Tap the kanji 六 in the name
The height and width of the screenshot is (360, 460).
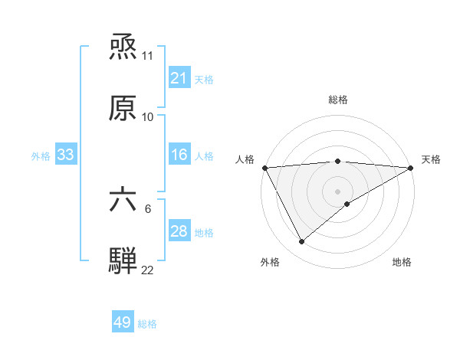123,201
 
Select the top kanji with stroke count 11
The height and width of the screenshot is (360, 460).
123,48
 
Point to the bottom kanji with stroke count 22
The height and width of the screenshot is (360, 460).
123,260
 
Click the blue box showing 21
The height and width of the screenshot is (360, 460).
179,78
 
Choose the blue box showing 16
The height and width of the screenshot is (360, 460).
179,155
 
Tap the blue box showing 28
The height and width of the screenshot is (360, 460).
179,231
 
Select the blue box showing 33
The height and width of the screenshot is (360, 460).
65,155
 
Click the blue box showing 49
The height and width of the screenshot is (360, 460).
123,322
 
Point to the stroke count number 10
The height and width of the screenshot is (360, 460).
148,117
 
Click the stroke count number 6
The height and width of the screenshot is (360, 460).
148,208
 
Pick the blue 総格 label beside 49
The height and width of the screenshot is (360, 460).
147,324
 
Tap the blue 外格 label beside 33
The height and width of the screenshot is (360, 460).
41,155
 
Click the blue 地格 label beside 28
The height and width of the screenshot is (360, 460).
204,232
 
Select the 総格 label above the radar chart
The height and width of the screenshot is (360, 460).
338,100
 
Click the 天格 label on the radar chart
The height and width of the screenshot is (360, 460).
431,159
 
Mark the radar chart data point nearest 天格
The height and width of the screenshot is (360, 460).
411,168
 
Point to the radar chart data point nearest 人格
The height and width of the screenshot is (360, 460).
264,168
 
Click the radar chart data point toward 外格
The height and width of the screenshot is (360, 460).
301,242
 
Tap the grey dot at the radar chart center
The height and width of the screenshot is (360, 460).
337,191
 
